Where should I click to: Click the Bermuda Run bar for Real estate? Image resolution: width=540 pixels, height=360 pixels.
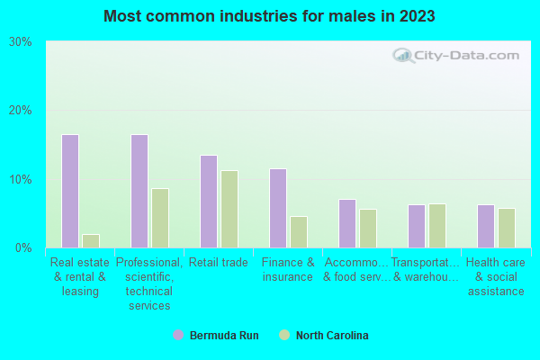point(70,191)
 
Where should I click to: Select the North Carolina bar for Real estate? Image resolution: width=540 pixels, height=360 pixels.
point(91,241)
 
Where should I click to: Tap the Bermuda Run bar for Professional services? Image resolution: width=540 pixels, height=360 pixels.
point(139,191)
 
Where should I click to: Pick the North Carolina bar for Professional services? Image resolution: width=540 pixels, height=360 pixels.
point(160,218)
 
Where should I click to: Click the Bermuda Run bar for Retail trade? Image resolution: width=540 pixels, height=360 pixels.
point(209,202)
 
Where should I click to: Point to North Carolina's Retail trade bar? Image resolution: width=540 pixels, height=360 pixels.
point(229,209)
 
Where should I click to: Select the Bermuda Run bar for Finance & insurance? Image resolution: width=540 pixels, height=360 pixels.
point(278,208)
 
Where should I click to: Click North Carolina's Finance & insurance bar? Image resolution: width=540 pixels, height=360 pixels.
point(299,232)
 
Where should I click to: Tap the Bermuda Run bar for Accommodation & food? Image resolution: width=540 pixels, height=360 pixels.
point(347,223)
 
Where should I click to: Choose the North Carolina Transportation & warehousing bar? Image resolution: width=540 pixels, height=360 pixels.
point(437,226)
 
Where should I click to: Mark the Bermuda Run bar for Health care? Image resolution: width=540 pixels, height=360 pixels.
point(486,226)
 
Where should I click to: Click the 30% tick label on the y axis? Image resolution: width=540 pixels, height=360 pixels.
point(21,42)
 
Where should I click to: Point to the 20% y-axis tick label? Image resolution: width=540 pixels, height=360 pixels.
point(21,111)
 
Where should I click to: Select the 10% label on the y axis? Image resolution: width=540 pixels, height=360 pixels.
point(21,179)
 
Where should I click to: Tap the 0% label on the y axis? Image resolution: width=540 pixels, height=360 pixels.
point(23,247)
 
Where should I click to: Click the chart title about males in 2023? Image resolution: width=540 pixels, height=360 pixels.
point(270,16)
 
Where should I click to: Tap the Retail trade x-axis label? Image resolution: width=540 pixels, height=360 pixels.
point(219,263)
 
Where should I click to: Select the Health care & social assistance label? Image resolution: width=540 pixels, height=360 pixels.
point(495,276)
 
